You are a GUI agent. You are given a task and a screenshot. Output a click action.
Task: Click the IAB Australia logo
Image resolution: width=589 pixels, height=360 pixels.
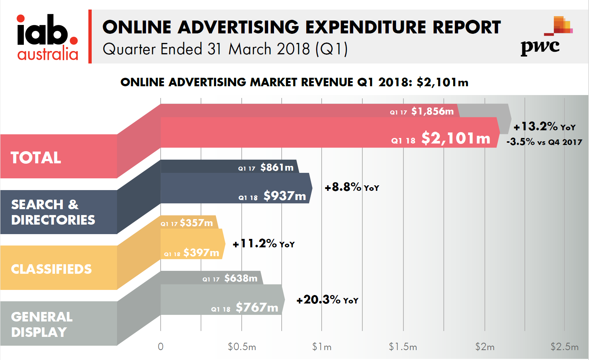47,37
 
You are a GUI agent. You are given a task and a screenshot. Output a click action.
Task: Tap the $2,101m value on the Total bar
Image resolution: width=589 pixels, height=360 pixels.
456,138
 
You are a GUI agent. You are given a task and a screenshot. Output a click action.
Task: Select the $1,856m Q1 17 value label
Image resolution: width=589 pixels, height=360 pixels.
432,111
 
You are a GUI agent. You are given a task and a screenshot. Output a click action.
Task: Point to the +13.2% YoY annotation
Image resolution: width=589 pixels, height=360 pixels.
544,127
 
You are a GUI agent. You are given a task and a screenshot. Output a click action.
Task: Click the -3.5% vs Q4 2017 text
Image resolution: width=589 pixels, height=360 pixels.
544,142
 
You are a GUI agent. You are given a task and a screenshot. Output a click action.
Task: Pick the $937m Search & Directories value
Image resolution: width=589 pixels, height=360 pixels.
285,196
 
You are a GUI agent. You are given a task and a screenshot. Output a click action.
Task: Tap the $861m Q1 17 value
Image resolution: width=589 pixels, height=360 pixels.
277,167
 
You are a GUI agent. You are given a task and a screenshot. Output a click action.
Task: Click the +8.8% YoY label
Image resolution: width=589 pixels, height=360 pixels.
352,188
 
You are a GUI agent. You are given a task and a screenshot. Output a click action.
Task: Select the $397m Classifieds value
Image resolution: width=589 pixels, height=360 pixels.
201,252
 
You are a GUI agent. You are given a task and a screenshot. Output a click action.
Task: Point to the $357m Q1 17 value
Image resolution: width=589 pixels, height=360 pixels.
196,223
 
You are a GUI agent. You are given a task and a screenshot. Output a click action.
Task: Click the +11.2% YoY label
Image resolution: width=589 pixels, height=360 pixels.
264,244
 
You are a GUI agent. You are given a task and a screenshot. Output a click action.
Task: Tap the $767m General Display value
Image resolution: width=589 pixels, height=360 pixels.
257,308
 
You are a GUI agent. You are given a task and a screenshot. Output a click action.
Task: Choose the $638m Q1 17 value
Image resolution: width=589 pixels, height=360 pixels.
241,278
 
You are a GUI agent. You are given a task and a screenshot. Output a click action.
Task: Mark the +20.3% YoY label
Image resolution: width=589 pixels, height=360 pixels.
327,300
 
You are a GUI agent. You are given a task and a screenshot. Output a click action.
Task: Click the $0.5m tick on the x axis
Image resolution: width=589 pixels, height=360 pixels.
242,347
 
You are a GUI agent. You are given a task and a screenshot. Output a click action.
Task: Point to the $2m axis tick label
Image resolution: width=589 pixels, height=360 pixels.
484,347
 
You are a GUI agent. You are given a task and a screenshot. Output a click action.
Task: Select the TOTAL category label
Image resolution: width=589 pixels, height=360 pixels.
36,158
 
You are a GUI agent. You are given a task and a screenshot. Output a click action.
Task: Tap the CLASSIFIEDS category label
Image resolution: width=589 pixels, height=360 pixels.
51,269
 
